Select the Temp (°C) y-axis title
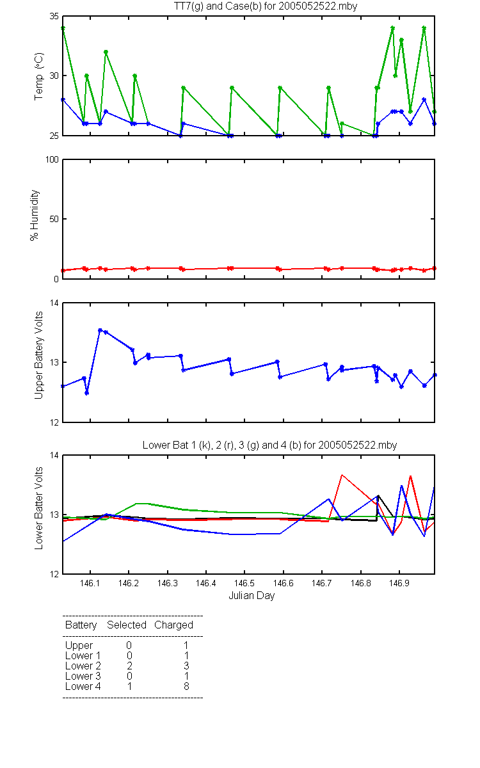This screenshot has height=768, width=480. coord(39,76)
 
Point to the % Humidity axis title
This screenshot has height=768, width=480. coord(35,215)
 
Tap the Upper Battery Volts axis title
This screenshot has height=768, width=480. coord(39,355)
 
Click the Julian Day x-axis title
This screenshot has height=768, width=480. coord(252,596)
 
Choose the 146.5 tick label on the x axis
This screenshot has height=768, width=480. coord(244,583)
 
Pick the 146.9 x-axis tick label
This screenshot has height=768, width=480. coord(399,583)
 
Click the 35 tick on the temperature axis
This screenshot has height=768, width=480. coord(54,16)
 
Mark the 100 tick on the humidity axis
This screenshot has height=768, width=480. coord(52,159)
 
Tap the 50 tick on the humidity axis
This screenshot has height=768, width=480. coord(54,219)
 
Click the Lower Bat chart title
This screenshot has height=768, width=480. coord(269,445)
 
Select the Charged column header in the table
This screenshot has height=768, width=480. coord(173,625)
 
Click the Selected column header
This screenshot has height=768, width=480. coord(127,625)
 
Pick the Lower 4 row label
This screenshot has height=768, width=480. coord(83,686)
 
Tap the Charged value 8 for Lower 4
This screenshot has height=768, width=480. coord(186,686)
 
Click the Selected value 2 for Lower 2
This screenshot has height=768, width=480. coord(129,666)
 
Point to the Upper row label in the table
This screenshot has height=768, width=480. coord(79,646)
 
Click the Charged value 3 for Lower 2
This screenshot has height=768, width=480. coord(186,666)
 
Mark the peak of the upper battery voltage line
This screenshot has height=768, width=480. coord(100,330)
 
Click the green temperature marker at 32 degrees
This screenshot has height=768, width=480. coord(106,52)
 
